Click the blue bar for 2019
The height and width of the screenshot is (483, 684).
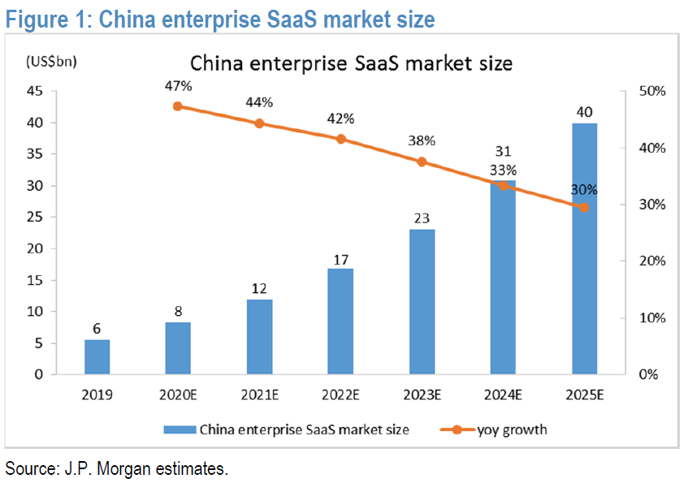click(x=97, y=357)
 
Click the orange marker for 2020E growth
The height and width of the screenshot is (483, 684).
click(x=177, y=106)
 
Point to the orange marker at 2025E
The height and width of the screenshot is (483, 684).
click(x=584, y=207)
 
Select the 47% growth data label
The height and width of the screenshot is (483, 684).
click(x=177, y=84)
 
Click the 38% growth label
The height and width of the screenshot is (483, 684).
click(x=422, y=140)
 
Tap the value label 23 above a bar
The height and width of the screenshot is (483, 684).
click(x=422, y=218)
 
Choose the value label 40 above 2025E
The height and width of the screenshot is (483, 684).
click(x=584, y=111)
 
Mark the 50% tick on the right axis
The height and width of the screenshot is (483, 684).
click(x=652, y=92)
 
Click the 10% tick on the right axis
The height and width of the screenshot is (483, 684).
click(x=652, y=318)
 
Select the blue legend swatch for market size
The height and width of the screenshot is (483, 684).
click(x=180, y=429)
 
